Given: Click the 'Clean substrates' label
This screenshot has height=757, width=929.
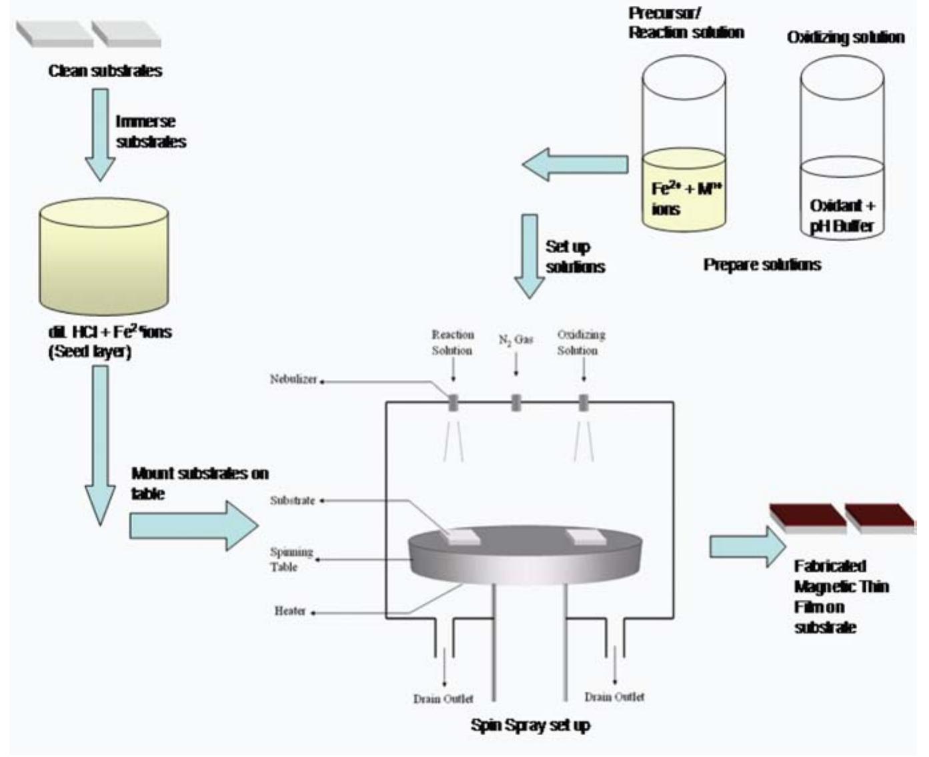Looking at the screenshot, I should point(105,71).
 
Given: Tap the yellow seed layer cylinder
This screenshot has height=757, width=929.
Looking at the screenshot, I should point(103,260).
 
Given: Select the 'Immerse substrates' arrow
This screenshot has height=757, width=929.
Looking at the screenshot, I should point(101,134).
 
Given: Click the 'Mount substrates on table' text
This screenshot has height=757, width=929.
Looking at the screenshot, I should point(199,483).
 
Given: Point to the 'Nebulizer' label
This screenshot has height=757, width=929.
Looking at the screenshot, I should point(293,379).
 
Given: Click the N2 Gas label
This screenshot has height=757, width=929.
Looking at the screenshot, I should point(516,340).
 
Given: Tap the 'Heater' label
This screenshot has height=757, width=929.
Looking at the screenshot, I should point(289,610).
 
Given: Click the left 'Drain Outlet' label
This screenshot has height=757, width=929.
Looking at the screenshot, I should point(443,698).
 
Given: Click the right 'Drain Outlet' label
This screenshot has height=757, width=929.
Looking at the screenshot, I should point(614,696).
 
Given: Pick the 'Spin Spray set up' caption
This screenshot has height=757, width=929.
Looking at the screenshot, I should point(530,725).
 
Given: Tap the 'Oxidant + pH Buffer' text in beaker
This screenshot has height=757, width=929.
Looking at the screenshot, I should point(842,215).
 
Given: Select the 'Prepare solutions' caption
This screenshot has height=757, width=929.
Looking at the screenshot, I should point(762,265).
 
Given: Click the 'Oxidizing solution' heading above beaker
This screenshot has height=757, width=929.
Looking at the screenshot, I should point(845,37).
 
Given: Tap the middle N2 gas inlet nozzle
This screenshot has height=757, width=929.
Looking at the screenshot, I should point(516,402).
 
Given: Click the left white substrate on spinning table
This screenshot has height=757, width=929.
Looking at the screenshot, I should point(463,537).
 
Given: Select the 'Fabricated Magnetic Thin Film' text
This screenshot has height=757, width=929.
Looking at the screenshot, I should point(840,596).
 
